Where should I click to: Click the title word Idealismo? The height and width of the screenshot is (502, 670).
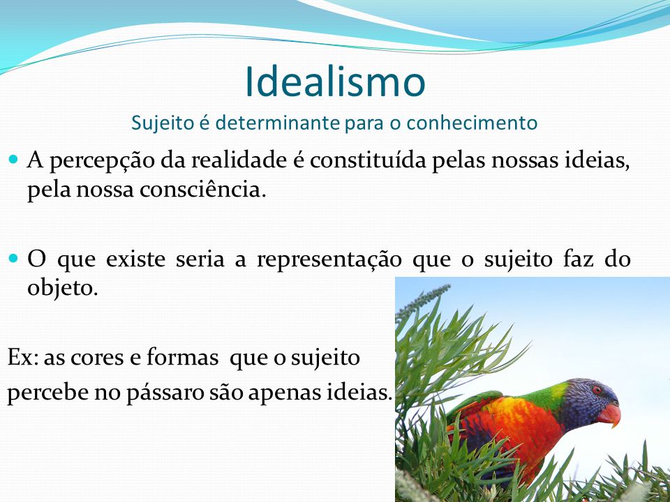pyautogui.click(x=336, y=82)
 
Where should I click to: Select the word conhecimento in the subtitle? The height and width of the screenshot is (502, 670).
pyautogui.click(x=472, y=123)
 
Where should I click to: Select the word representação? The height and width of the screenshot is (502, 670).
pyautogui.click(x=329, y=260)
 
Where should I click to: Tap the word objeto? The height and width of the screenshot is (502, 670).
pyautogui.click(x=63, y=289)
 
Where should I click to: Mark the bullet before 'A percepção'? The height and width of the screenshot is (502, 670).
pyautogui.click(x=13, y=160)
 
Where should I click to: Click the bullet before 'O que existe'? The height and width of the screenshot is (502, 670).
pyautogui.click(x=13, y=258)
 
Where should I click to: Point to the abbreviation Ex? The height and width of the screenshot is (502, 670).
pyautogui.click(x=23, y=357)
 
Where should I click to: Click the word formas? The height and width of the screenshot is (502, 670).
pyautogui.click(x=182, y=357)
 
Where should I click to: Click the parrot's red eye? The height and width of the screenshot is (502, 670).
pyautogui.click(x=597, y=390)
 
